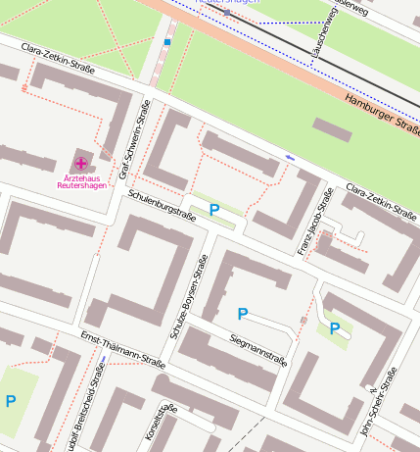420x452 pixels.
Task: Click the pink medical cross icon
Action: (x=79, y=162)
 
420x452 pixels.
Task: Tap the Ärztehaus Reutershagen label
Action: (x=80, y=181)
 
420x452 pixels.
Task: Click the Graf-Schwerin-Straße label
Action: (x=134, y=142)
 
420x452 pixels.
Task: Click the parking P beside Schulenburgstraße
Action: (x=214, y=209)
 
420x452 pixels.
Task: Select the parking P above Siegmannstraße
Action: (x=243, y=314)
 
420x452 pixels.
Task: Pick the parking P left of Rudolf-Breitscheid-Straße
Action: (x=11, y=400)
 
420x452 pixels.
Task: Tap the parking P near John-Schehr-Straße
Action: (x=334, y=328)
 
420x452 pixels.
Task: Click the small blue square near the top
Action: (x=167, y=42)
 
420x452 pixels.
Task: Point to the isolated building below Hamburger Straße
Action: (x=332, y=129)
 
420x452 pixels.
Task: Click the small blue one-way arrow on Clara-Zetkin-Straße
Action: (x=289, y=157)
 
